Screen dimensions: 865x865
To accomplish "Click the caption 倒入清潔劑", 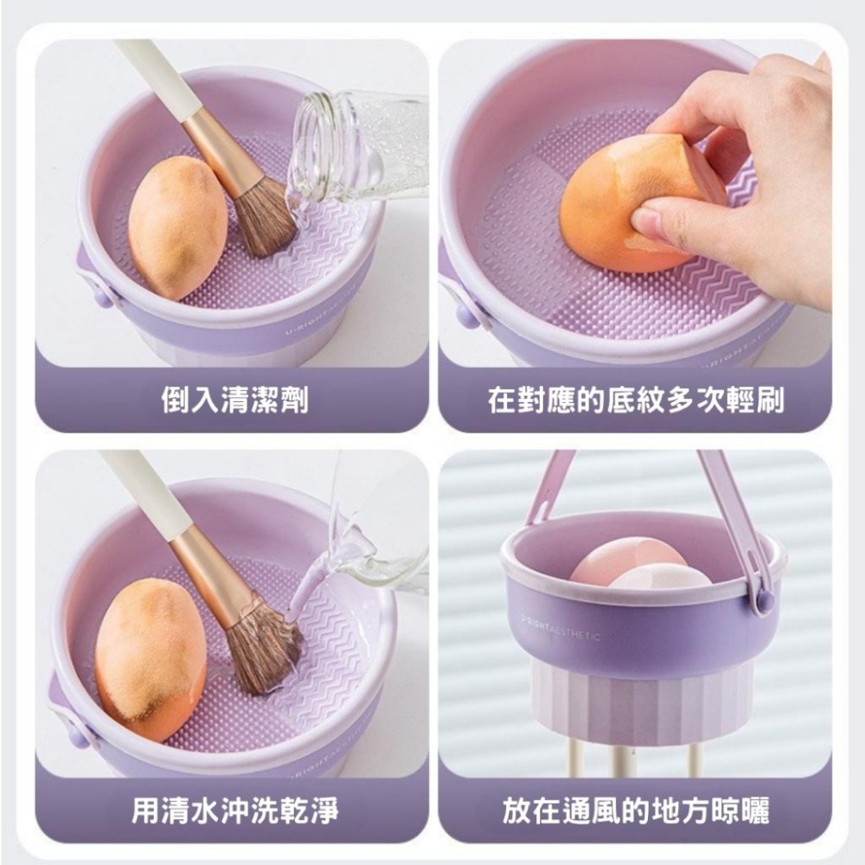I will tap(234, 400).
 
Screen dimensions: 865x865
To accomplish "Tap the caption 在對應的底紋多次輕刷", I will tap(636, 400).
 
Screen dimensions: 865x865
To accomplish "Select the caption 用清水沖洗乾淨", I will tap(234, 811).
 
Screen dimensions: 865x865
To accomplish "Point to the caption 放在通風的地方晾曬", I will tap(636, 811).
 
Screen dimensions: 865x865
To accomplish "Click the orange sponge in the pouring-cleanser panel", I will tap(177, 227).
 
